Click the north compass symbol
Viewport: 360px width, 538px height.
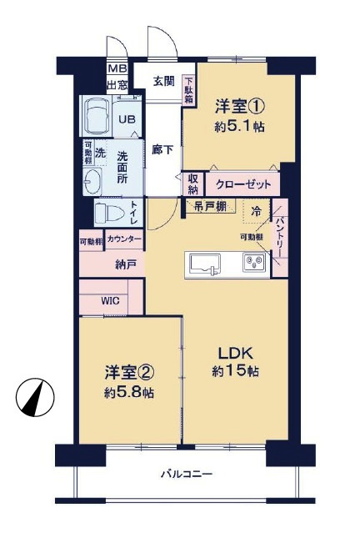(33, 397)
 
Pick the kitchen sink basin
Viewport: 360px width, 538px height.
(204, 264)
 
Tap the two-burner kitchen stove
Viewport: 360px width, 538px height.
(253, 264)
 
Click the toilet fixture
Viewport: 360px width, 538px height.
(107, 213)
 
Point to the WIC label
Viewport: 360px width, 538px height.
(112, 300)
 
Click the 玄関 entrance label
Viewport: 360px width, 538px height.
(165, 81)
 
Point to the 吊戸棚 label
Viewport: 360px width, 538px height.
(211, 205)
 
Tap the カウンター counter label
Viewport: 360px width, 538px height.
(125, 239)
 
